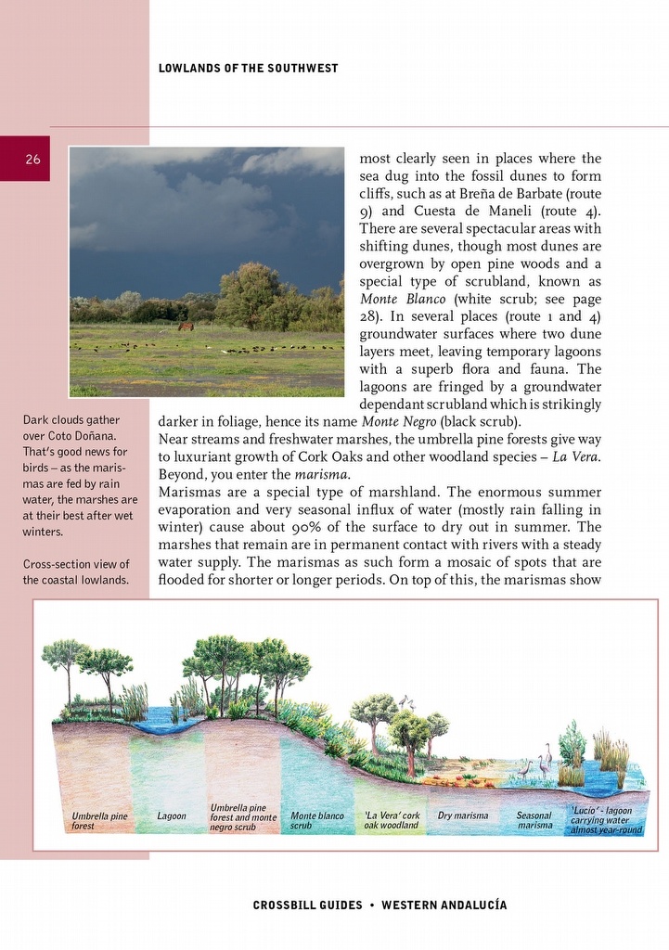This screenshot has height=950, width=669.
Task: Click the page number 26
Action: [x=32, y=160]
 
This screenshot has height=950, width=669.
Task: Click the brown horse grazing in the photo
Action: [x=186, y=327]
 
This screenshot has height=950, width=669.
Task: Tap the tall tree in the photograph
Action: [x=249, y=293]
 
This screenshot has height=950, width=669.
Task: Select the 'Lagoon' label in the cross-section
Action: [x=172, y=816]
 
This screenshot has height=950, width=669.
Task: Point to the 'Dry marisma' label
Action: [x=463, y=816]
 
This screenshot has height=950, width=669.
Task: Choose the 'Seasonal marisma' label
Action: [x=534, y=820]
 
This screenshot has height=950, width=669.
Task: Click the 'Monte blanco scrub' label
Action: [x=316, y=821]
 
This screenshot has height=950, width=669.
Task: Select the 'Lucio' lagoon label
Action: [x=605, y=820]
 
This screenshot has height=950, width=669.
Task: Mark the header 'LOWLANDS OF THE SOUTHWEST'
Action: [x=249, y=69]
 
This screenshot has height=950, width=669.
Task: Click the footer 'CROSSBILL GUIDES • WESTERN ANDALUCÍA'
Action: [x=380, y=905]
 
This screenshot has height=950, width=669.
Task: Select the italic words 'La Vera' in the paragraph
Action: [x=576, y=456]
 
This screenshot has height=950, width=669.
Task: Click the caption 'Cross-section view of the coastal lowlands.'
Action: [x=76, y=572]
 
